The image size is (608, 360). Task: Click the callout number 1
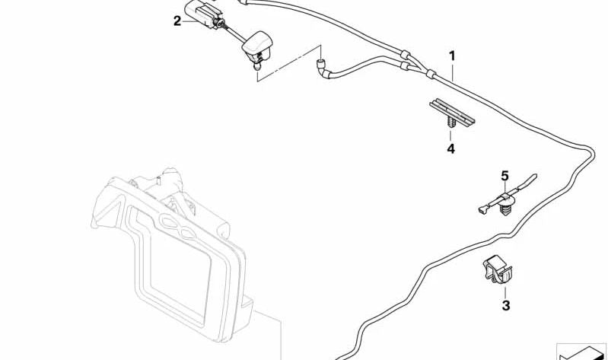point(452,56)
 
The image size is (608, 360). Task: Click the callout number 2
point(177,21)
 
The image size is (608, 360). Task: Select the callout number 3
point(505,306)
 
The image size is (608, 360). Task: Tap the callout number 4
point(450,148)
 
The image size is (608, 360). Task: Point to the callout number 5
point(504,176)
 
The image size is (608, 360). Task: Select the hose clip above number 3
point(498,269)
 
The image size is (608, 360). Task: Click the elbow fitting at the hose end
point(323,70)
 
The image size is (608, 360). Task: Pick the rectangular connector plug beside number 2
point(202,14)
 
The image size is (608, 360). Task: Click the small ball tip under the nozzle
point(256,68)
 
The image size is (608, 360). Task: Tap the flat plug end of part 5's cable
point(482,210)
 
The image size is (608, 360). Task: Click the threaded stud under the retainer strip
point(450,123)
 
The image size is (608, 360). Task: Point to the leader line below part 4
point(450,135)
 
